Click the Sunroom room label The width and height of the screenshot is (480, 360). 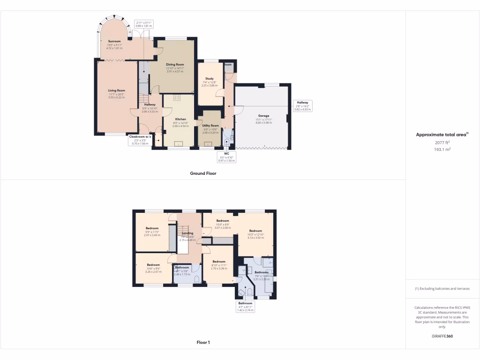(x=114, y=41)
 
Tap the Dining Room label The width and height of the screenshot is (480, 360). (x=175, y=65)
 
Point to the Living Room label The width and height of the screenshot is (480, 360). (x=116, y=90)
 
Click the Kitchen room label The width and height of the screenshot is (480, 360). (x=180, y=120)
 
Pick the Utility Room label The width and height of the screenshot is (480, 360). (x=210, y=126)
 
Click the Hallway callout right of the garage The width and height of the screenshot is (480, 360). (x=302, y=105)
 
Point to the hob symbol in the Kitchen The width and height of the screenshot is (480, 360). (x=178, y=98)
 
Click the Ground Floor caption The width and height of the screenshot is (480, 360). (x=203, y=173)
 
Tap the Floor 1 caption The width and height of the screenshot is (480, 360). (x=203, y=343)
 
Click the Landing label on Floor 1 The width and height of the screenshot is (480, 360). (x=187, y=233)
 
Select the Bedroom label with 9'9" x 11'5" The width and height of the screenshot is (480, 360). (x=152, y=228)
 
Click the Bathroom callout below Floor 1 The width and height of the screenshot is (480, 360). (x=245, y=307)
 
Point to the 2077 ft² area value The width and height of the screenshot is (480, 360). (x=442, y=142)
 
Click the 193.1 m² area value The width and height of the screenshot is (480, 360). (x=442, y=149)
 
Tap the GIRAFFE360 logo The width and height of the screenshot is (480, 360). (x=442, y=337)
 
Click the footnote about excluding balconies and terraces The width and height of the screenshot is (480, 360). (x=442, y=289)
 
